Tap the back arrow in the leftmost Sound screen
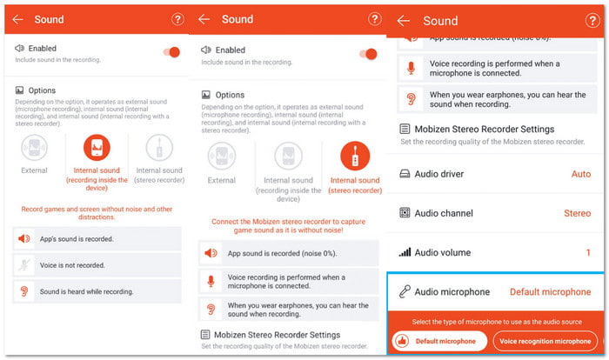point(17,19)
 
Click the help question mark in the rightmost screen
point(177,19)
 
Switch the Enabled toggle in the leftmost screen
point(171,53)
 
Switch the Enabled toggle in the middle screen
point(369,54)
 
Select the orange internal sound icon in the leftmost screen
point(97,148)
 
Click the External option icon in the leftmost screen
point(34,148)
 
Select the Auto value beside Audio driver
point(580,174)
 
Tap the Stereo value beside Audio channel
point(577,213)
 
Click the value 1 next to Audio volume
point(588,252)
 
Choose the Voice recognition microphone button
point(546,341)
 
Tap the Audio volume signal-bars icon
point(405,252)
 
